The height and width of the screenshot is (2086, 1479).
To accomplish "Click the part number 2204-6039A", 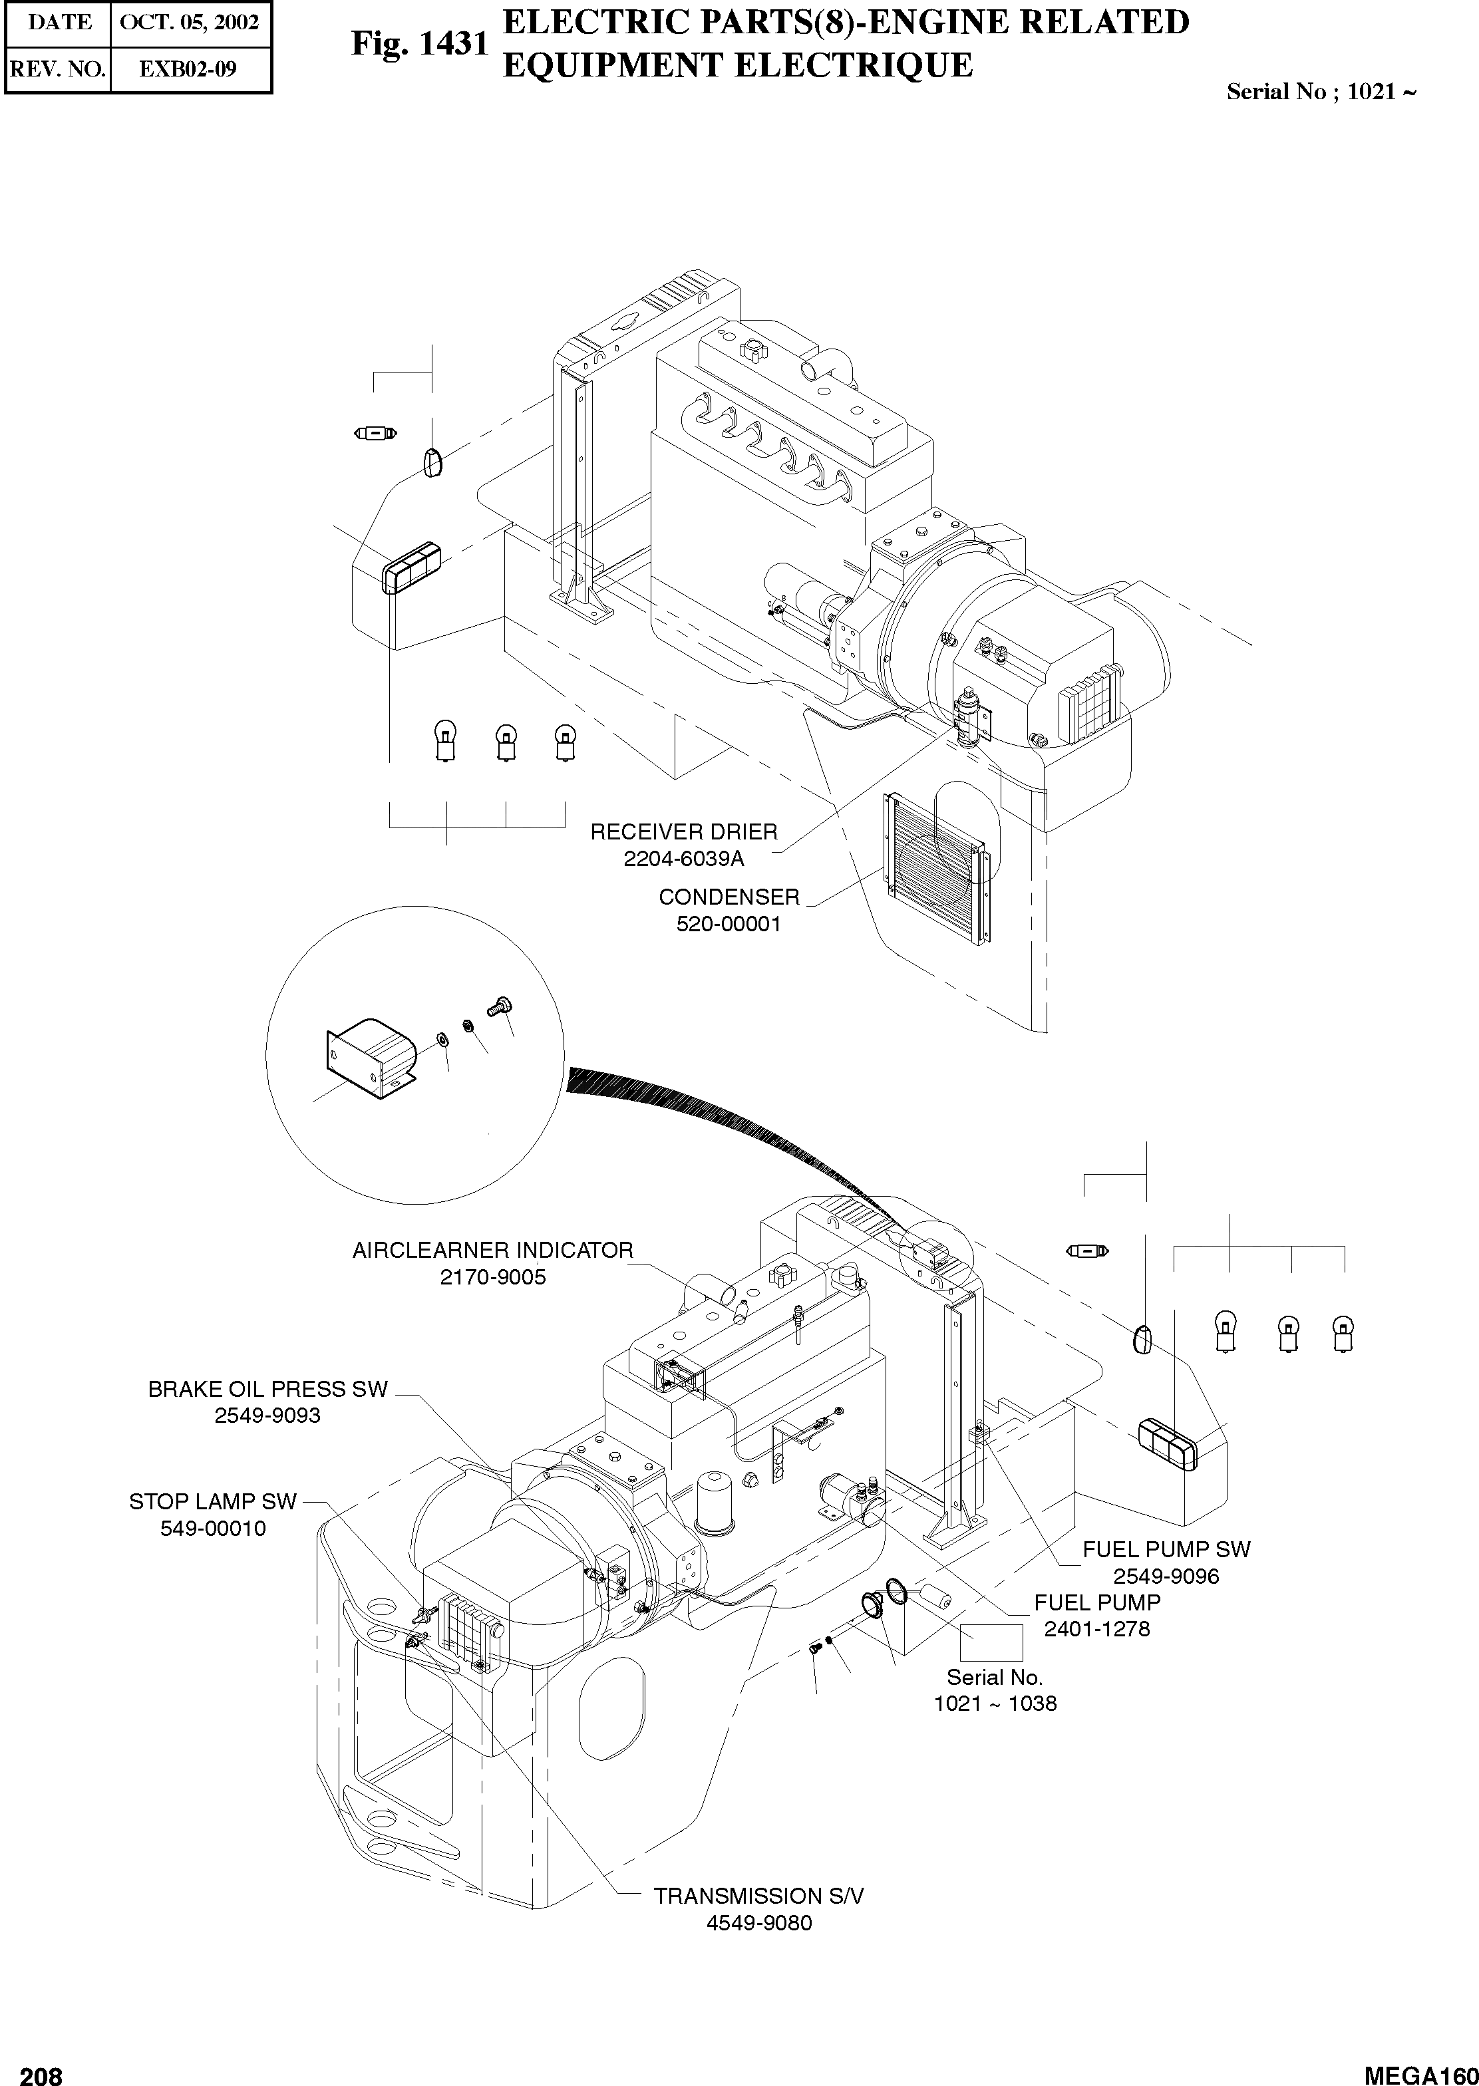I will (x=683, y=857).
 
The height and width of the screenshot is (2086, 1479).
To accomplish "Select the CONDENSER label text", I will (x=729, y=897).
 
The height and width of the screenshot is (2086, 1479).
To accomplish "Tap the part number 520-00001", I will (x=729, y=923).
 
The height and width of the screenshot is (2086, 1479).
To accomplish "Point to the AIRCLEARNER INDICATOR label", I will (x=493, y=1250).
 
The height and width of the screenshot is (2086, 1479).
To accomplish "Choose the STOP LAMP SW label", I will (x=213, y=1501).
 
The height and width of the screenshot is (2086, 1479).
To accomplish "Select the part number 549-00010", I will (x=213, y=1529).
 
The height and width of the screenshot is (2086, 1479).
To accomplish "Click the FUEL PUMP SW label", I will (x=1166, y=1549).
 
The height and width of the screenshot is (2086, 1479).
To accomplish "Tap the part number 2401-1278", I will (x=1096, y=1629).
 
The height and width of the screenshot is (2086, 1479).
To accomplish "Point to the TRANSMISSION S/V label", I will (x=758, y=1896).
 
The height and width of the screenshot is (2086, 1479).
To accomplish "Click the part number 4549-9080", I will (x=758, y=1923).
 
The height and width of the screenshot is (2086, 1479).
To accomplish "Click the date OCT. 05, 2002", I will (x=190, y=22).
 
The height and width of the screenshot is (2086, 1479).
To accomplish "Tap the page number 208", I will (x=41, y=2069).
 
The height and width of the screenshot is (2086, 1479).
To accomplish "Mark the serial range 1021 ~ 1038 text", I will (x=995, y=1703).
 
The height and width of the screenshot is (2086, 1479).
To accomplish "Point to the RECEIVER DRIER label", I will (x=684, y=831).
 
